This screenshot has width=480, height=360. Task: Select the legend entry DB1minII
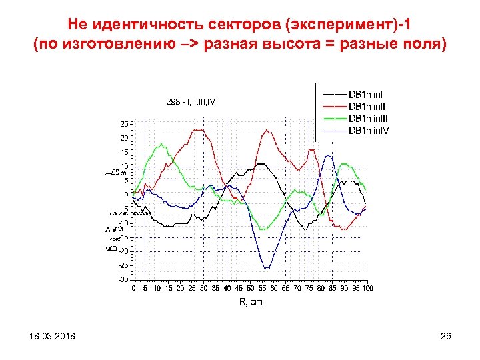point(367,105)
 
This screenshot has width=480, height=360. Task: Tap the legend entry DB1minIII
point(369,117)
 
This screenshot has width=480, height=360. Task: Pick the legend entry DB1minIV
point(369,130)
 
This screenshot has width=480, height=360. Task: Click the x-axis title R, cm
point(251,302)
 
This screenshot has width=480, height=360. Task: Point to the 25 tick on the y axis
point(125,124)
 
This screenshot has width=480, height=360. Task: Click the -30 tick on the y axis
point(124,279)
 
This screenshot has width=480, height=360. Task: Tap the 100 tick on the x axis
point(368,288)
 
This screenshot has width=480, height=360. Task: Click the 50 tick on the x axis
point(251,288)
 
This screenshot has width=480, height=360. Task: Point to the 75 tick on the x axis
point(309,288)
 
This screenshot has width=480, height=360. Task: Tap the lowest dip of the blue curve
point(267,268)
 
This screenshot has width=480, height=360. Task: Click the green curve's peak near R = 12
point(161,145)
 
